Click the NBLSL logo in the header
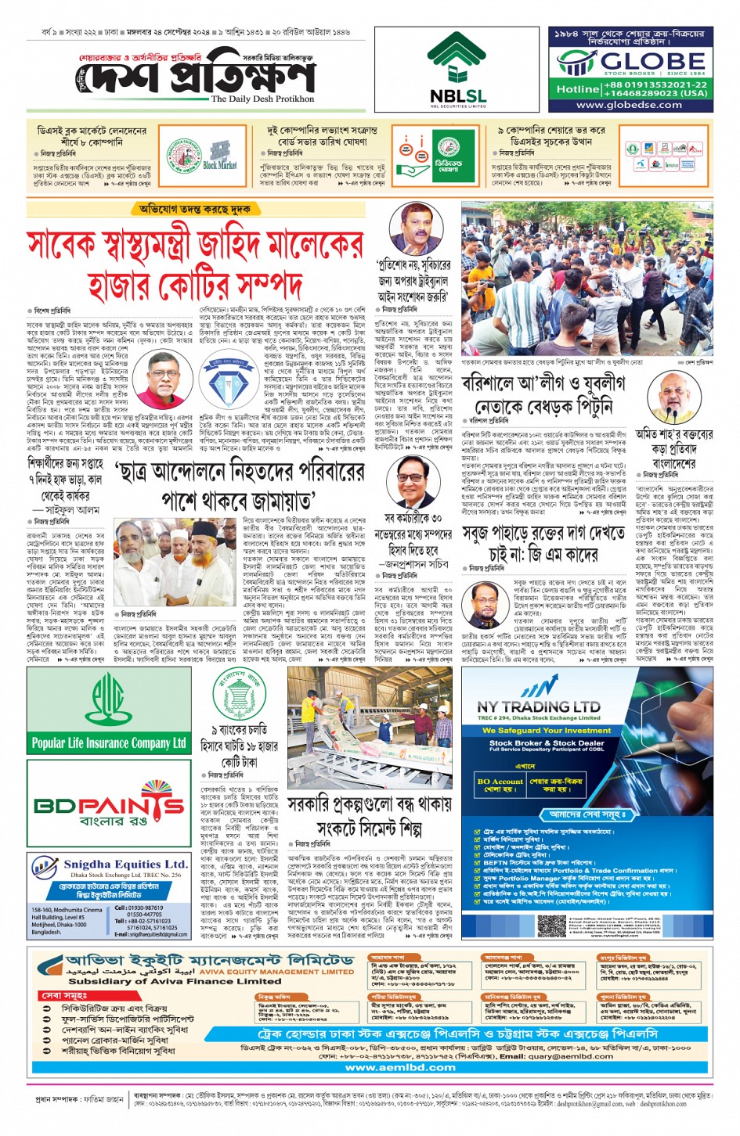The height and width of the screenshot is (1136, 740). pyautogui.click(x=457, y=70)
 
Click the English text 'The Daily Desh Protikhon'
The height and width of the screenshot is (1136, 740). pyautogui.click(x=262, y=99)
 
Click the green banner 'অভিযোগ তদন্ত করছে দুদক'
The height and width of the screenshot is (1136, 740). pyautogui.click(x=195, y=210)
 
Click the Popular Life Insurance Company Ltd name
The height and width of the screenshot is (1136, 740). pyautogui.click(x=109, y=742)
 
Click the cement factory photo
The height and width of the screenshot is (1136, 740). pyautogui.click(x=369, y=732)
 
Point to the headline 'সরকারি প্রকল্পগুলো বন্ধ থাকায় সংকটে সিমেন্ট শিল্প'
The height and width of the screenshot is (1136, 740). pyautogui.click(x=369, y=816)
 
